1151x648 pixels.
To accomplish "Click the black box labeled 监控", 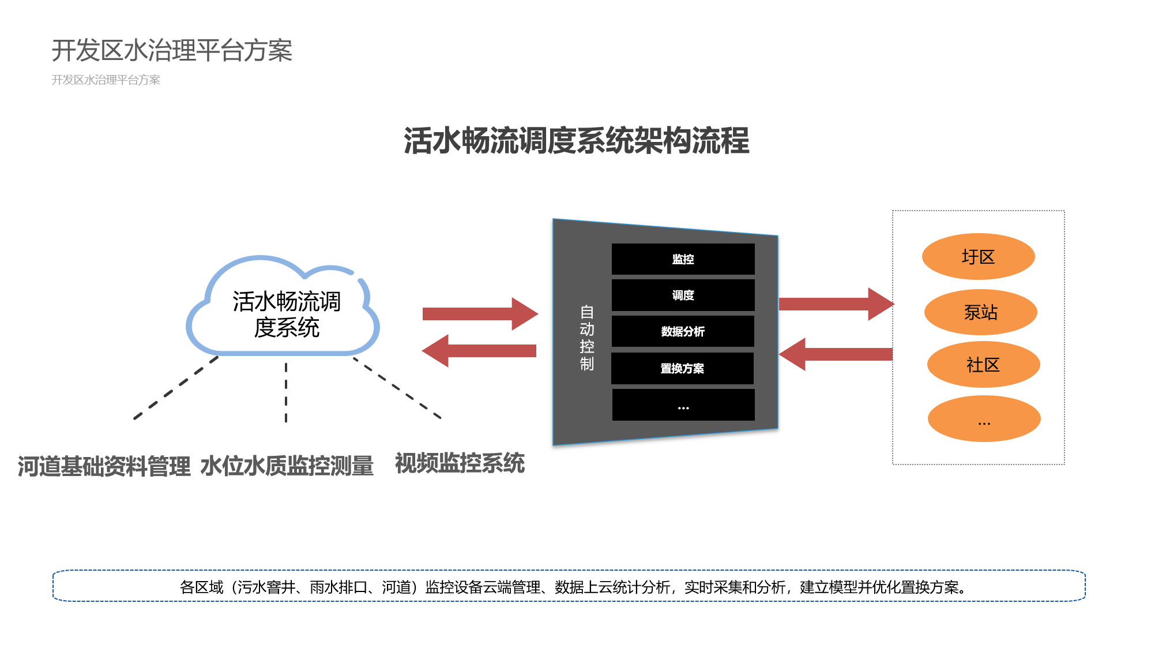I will [x=683, y=259].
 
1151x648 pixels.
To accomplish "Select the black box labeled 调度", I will [x=683, y=295].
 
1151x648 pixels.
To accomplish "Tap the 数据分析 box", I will [x=683, y=331].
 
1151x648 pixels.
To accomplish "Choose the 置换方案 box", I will [x=682, y=368].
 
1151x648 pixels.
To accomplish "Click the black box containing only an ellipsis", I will [x=683, y=405].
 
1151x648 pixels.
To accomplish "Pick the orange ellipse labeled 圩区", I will [x=978, y=257].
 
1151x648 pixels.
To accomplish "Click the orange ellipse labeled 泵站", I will [x=980, y=312].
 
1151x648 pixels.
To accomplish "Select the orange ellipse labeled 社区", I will [x=983, y=365].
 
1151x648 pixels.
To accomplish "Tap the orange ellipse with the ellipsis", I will [x=984, y=419].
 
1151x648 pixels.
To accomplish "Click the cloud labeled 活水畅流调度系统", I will [x=285, y=314].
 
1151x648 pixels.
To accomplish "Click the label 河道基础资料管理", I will [x=104, y=466].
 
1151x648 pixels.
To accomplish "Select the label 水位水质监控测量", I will [x=287, y=466].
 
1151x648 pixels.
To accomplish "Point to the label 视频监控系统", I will [x=460, y=463].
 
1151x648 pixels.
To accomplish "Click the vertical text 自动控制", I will [x=586, y=338].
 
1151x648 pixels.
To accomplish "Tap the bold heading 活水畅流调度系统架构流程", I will [x=576, y=141].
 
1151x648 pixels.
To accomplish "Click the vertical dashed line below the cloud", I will [x=286, y=392].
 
